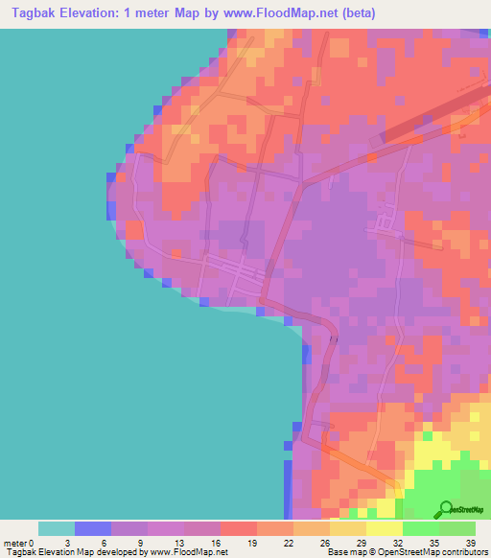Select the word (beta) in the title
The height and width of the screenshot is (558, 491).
[x=355, y=13]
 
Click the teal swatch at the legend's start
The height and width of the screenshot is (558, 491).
[x=57, y=528]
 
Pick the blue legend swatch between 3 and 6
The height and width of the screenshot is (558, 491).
[x=93, y=528]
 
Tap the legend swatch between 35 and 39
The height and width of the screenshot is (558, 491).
[x=457, y=528]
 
